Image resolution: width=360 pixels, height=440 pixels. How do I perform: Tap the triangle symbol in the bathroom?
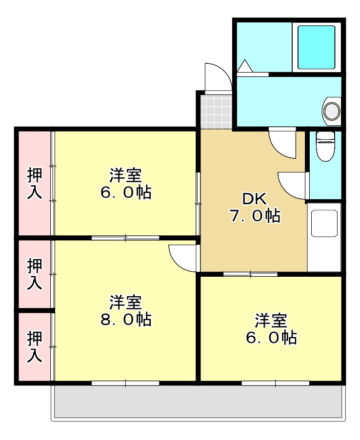[x=244, y=66]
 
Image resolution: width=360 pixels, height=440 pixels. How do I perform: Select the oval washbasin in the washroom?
[x=332, y=110]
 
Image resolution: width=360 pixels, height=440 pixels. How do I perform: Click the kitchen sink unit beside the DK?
[x=324, y=236]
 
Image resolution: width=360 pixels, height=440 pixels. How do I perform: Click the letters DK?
[x=254, y=199]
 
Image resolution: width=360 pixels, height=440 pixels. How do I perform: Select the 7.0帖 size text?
[x=255, y=216]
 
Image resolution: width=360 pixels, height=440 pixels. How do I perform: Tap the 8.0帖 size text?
[x=126, y=320]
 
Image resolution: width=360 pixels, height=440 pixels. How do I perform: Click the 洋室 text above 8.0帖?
[x=125, y=303]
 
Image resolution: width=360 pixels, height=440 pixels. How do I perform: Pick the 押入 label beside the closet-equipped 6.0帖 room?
[x=34, y=183]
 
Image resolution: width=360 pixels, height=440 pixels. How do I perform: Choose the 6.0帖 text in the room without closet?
[x=271, y=337]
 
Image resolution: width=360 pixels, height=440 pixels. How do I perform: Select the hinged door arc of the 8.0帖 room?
[x=182, y=257]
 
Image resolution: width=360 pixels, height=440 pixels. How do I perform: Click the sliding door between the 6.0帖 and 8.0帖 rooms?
[x=125, y=238]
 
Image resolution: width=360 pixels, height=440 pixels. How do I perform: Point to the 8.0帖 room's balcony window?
[x=125, y=383]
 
